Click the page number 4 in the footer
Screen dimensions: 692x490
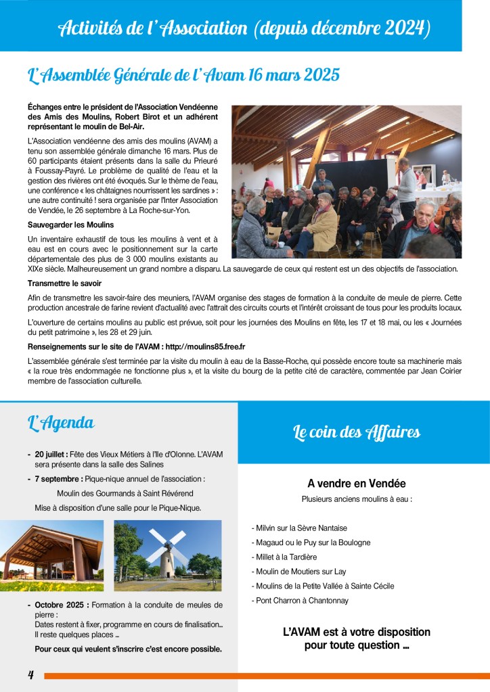point(31,675)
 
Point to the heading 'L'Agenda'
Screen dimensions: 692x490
point(61,423)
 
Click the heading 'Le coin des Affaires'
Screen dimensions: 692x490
point(357,432)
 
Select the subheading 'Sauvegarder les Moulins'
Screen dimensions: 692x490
point(71,225)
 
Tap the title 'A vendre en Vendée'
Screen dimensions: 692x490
point(357,484)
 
